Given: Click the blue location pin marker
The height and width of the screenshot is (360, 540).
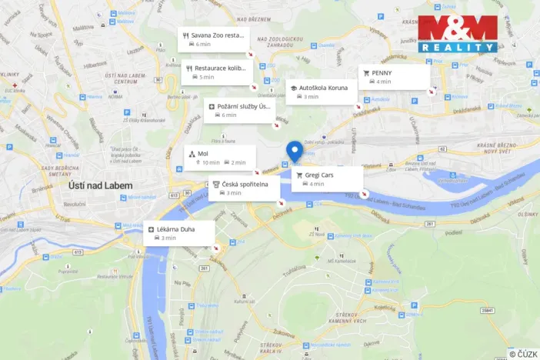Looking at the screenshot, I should (293, 152).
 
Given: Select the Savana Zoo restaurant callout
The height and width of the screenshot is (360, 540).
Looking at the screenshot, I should (213, 39).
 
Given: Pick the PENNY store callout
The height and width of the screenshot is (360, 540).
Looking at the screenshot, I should (392, 76).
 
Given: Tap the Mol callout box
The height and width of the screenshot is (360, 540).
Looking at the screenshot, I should (218, 158).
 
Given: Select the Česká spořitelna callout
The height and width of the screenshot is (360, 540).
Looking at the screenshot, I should (244, 188).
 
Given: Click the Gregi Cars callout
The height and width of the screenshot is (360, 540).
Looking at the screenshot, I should (327, 179).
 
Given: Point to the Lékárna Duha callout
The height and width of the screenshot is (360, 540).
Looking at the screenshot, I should (178, 233).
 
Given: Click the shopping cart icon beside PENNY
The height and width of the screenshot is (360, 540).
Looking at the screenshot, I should (366, 72).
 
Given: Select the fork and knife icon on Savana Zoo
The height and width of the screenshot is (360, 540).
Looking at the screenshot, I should (186, 35).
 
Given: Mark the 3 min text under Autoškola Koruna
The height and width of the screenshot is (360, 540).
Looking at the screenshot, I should (312, 97).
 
